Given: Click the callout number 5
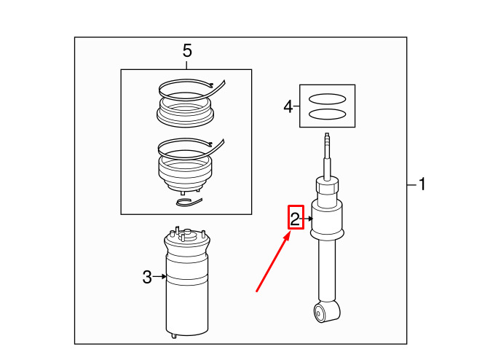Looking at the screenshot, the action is pos(187,50).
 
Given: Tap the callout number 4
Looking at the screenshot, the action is pos(288,106).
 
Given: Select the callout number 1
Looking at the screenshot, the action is pos(422,184).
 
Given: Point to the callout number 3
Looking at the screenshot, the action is pos(147,277).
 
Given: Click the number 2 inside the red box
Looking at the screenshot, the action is pos(295,219).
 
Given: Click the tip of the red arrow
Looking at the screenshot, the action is pos(291,232).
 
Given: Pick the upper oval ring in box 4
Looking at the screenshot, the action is pos(327,99).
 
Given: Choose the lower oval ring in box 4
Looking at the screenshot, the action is pos(327,114).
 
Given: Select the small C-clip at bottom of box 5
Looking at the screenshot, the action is pos(189,202).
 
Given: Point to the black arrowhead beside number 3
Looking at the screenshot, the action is pos(164,277).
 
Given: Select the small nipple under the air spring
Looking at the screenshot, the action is pos(174,336).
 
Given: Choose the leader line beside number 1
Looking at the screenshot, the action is pos(412,184).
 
